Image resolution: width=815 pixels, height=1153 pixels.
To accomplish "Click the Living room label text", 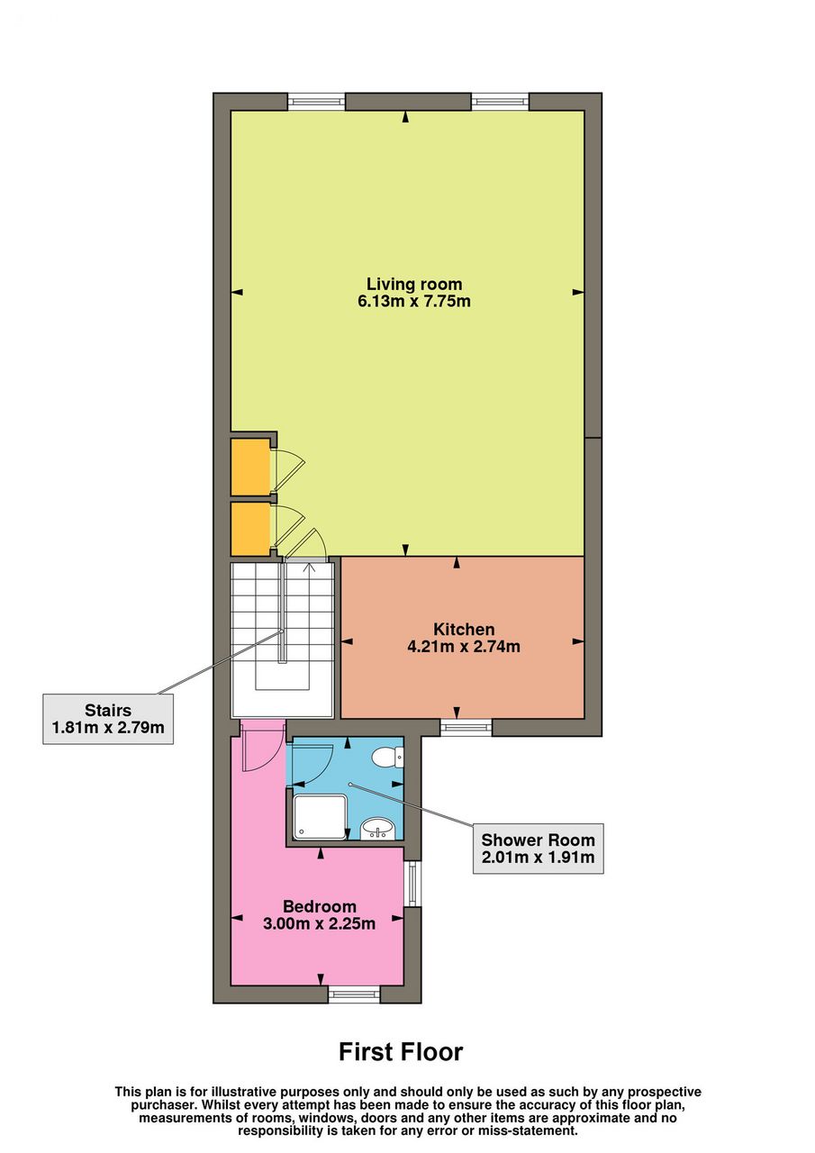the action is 413,284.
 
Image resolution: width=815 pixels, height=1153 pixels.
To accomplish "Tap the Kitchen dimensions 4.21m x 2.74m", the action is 464,646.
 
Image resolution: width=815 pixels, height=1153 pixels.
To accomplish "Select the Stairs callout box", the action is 107,719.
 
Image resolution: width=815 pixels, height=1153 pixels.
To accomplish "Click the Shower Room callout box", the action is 538,849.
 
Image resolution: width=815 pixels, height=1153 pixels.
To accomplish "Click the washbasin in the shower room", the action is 377,830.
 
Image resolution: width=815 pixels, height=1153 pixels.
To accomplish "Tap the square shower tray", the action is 320,817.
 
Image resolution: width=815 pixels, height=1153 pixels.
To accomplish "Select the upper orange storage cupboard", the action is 250,467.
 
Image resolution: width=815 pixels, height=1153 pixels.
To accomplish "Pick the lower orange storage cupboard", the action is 250,529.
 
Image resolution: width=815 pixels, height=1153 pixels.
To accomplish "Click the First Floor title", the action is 401,1051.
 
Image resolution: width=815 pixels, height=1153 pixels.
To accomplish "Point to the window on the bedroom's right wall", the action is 412,884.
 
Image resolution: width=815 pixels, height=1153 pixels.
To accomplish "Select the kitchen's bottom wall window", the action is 466,727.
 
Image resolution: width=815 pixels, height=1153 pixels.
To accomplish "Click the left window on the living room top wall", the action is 316,101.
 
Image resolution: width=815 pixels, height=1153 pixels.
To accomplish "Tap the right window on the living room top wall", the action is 500,101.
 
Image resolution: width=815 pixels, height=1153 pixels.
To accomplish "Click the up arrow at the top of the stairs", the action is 310,567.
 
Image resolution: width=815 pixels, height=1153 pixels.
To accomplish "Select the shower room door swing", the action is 312,763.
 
